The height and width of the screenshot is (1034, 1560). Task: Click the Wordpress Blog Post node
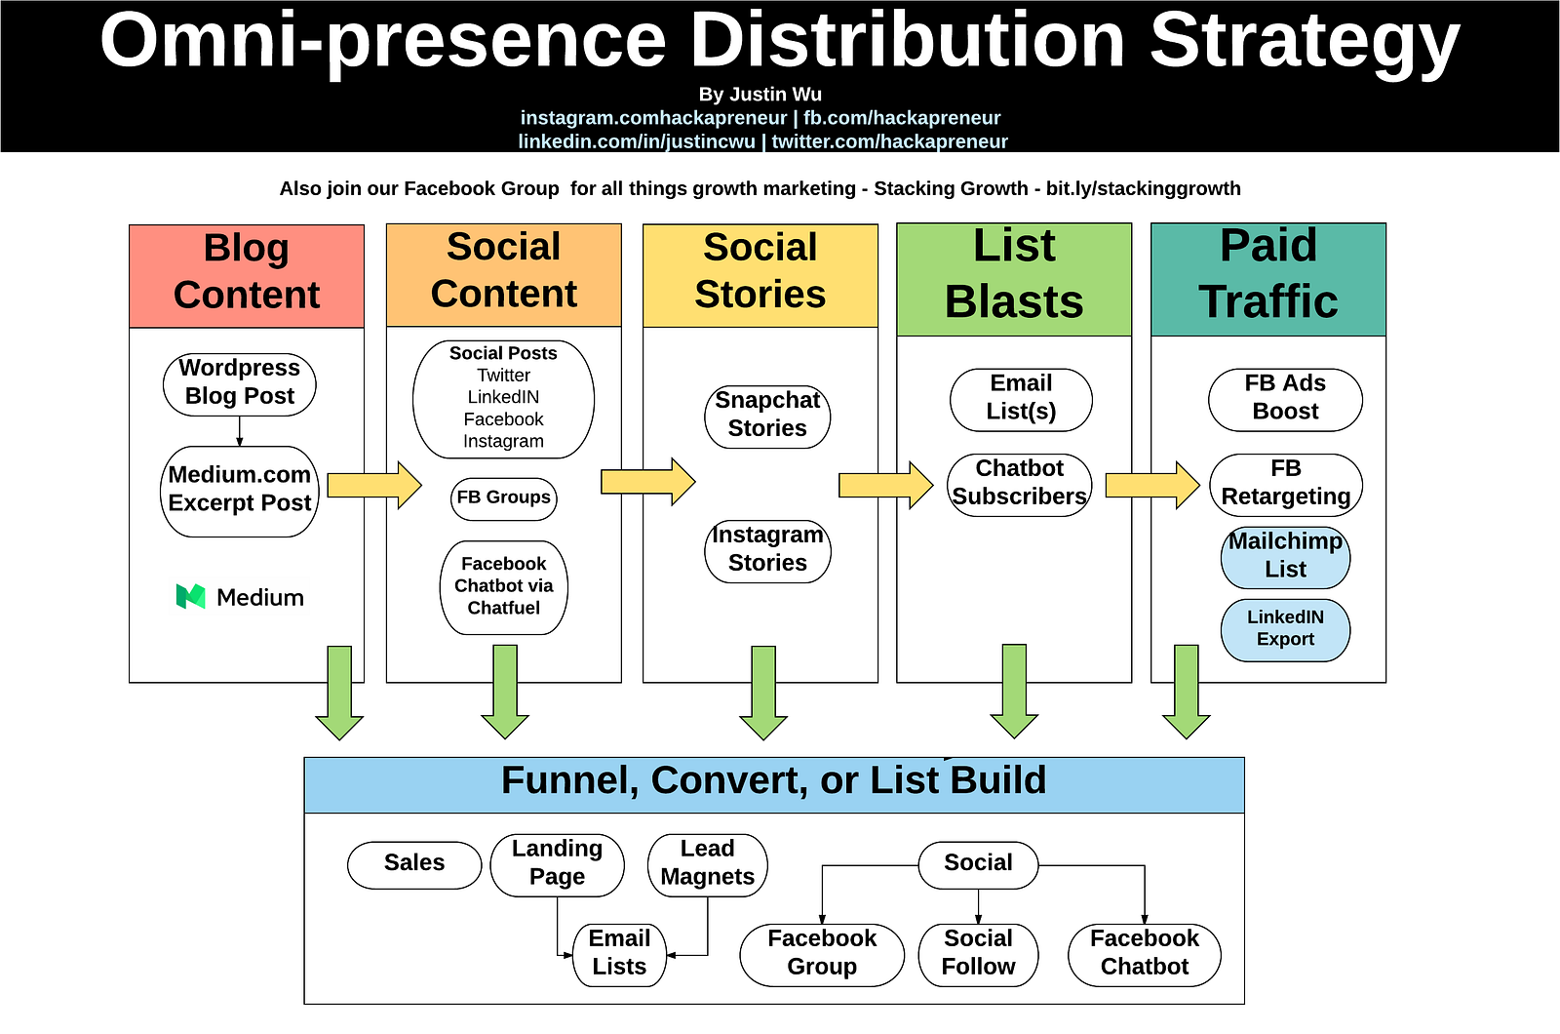240,382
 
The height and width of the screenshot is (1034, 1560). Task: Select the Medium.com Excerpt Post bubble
240,490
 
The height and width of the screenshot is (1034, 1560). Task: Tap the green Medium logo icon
190,596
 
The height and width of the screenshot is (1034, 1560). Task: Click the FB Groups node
504,497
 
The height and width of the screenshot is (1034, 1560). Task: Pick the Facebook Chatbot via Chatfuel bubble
504,586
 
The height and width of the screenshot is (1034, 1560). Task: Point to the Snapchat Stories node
767,416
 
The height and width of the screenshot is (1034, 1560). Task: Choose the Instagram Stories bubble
767,550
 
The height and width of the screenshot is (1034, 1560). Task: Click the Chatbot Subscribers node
1020,483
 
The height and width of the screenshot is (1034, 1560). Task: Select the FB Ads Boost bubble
1285,398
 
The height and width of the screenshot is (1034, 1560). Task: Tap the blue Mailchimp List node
1285,556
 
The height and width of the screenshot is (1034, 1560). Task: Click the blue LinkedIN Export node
1285,629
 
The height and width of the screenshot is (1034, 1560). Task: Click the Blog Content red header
247,274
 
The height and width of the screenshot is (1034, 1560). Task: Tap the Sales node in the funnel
414,863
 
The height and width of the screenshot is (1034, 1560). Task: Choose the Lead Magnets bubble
708,863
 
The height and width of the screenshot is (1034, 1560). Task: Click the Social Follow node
978,953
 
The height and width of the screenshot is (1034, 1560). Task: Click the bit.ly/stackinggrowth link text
1143,189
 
